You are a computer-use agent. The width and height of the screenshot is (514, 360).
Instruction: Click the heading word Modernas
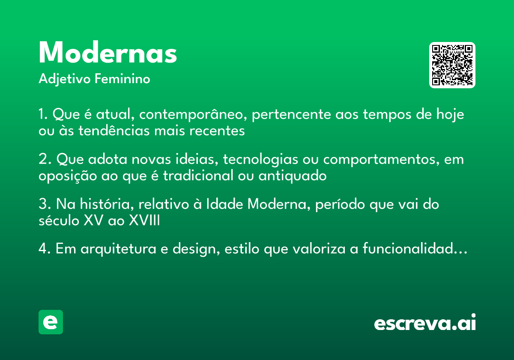click(x=108, y=54)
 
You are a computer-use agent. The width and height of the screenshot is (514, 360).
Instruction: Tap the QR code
click(x=452, y=65)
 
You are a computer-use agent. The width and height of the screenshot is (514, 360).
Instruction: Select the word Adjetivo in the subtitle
click(x=65, y=79)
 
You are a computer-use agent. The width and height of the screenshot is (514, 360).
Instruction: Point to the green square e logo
click(x=51, y=322)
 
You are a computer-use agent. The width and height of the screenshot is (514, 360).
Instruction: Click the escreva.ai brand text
click(x=425, y=323)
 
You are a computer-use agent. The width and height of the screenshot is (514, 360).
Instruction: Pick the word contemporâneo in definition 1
click(x=194, y=115)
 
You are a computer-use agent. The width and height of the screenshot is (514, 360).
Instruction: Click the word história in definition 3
click(x=108, y=204)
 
